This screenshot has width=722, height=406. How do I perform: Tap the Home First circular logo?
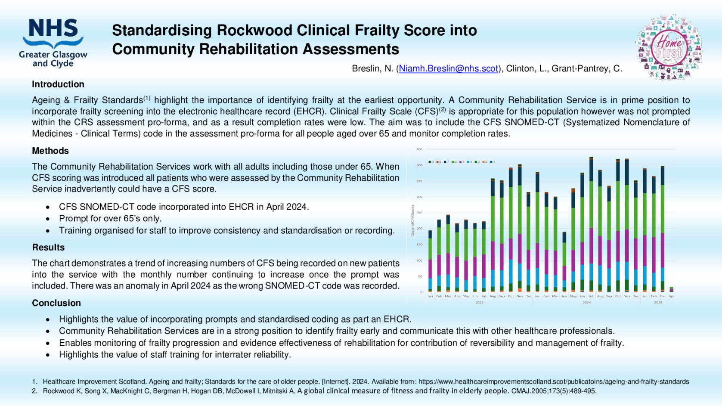pyautogui.click(x=669, y=47)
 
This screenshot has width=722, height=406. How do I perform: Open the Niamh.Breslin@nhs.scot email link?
pyautogui.click(x=448, y=68)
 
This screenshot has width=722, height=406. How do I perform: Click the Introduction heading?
pyautogui.click(x=58, y=84)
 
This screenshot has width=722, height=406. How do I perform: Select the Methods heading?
pyautogui.click(x=50, y=151)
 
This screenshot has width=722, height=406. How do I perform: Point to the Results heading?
pyautogui.click(x=48, y=248)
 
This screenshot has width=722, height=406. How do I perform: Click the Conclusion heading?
pyautogui.click(x=56, y=303)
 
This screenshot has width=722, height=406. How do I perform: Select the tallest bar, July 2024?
pyautogui.click(x=591, y=224)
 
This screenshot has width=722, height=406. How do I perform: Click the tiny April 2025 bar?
pyautogui.click(x=671, y=289)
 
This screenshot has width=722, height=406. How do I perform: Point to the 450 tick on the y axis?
pyautogui.click(x=419, y=149)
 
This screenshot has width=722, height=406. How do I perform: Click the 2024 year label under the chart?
pyautogui.click(x=586, y=302)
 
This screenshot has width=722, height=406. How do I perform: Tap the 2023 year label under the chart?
pyautogui.click(x=479, y=302)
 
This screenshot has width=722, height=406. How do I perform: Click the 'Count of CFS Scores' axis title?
pyautogui.click(x=412, y=220)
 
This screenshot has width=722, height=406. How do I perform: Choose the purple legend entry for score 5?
pyautogui.click(x=462, y=162)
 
